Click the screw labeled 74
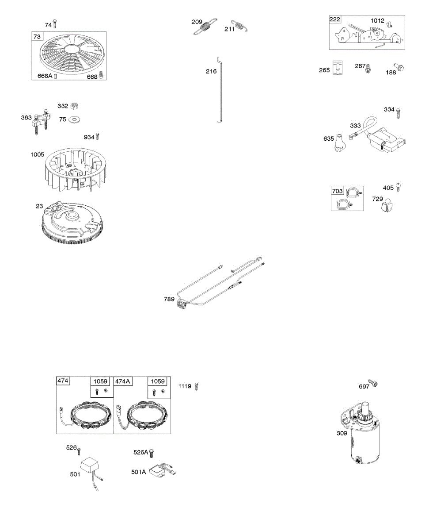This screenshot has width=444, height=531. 55,24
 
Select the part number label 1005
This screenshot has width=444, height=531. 38,155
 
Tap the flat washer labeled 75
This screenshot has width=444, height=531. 75,119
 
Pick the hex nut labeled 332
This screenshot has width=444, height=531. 75,106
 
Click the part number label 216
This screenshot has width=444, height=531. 211,71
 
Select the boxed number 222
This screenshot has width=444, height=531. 335,20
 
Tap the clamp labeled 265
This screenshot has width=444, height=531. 338,69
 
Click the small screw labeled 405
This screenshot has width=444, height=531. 398,187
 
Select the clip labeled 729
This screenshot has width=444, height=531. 387,204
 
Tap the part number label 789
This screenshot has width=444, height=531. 169,300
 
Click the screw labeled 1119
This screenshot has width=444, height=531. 197,386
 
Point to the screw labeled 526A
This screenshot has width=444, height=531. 152,453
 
